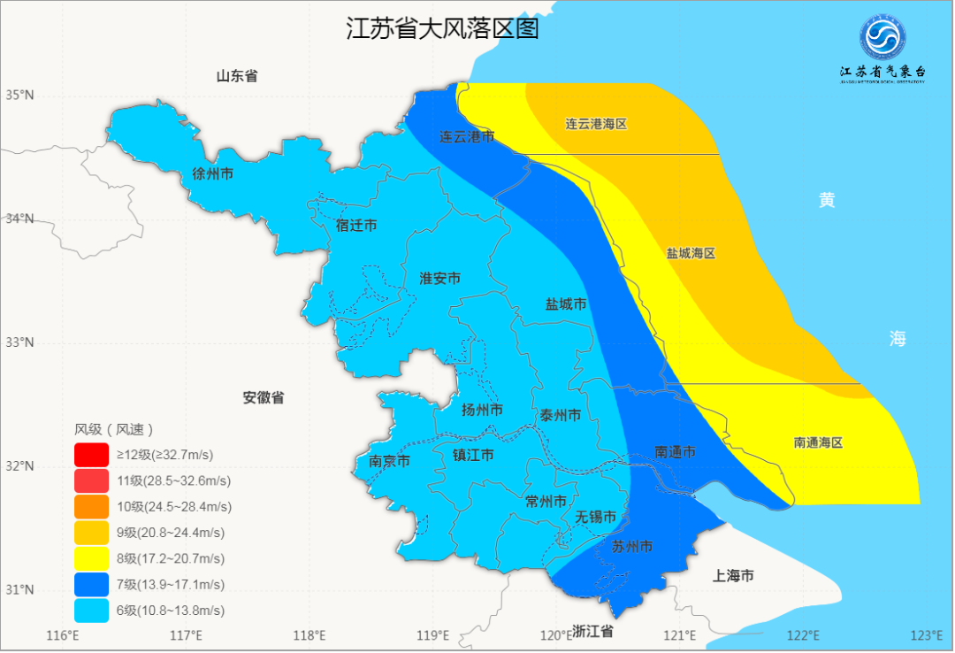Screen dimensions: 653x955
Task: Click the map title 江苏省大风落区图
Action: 441,29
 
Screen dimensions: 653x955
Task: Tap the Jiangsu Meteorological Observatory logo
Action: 882,38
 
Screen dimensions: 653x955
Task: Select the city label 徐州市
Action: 213,174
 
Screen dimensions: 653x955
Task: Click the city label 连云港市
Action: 467,137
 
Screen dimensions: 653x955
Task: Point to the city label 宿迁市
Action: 356,226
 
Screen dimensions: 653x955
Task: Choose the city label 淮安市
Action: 439,279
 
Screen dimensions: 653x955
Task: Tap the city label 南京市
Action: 389,461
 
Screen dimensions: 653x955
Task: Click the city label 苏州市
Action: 632,547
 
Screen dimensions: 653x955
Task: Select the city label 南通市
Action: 675,452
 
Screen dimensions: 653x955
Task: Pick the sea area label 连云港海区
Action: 596,124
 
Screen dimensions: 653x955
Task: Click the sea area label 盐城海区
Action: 691,253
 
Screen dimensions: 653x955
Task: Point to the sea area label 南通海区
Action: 818,442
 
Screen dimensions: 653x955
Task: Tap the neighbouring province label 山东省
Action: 237,76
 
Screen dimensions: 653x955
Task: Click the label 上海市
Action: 733,576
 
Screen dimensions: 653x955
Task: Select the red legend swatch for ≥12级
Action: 92,455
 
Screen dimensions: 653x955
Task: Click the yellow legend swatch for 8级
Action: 92,558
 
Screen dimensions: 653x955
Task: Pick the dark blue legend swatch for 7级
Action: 92,585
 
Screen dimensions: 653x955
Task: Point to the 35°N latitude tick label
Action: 19,95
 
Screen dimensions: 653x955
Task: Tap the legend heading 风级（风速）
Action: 114,429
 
